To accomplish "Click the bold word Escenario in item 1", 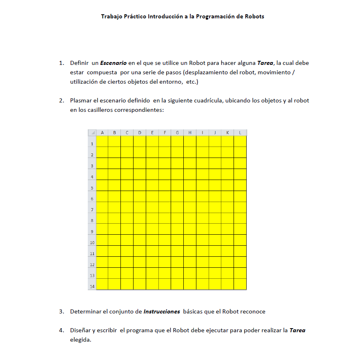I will coord(113,63).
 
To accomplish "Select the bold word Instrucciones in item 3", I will coord(162,312).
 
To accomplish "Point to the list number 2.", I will coord(61,100).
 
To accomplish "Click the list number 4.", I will coord(61,331).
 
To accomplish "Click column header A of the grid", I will coord(102,133).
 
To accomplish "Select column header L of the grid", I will coord(240,133).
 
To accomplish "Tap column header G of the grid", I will coord(177,133).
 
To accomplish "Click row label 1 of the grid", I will coord(92,144).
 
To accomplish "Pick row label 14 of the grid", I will coord(92,287).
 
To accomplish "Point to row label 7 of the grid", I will coord(92,210).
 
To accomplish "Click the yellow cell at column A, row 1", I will coord(102,141).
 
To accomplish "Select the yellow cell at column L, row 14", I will coord(240,284).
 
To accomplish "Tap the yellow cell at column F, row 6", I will coord(165,196).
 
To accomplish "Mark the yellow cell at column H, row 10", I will coord(190,240).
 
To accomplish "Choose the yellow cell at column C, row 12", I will coord(127,262).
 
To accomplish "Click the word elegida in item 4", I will coord(80,340).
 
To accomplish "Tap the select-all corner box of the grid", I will coord(92,133).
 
